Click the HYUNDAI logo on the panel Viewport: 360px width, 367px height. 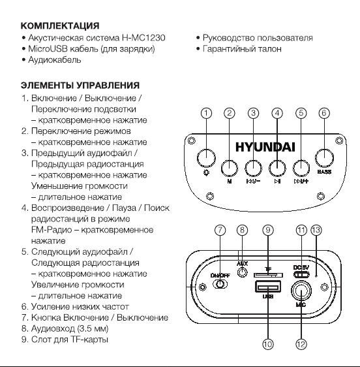pos(265,147)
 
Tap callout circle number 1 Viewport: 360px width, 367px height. pos(206,113)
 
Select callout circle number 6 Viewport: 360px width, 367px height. pos(324,113)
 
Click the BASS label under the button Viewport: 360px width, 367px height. pos(324,172)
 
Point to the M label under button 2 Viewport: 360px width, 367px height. pos(230,181)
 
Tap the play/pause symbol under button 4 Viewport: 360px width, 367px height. pos(277,181)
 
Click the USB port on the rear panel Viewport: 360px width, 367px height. pos(268,287)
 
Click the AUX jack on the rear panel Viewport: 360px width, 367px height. pos(243,272)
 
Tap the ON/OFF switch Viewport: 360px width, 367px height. pos(220,284)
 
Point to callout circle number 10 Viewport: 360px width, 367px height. pos(268,344)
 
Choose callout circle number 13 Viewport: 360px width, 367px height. pos(316,230)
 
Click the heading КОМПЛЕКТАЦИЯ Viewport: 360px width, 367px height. pos(60,25)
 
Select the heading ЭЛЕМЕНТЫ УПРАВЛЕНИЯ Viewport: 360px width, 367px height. pos(80,86)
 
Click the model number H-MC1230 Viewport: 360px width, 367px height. pos(143,38)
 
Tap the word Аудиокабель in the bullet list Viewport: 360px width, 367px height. pos(55,59)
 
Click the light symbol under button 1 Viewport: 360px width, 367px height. pos(206,173)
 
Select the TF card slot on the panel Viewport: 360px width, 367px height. pos(268,276)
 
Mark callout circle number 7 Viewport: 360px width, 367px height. pos(220,230)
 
